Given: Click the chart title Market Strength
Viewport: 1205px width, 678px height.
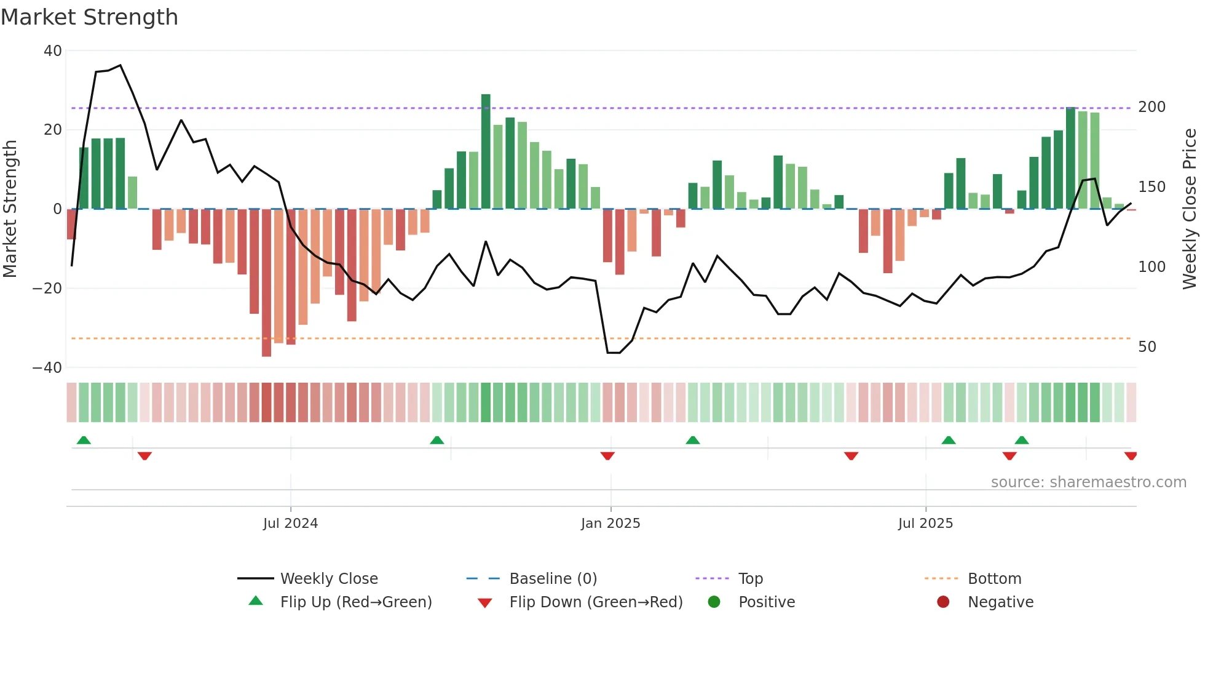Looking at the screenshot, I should coord(89,17).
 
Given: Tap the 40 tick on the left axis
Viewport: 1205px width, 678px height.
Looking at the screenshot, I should coord(53,51).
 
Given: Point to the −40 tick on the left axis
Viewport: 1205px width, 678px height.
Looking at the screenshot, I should coord(47,368).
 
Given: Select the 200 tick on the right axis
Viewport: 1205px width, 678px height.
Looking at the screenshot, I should coord(1152,107).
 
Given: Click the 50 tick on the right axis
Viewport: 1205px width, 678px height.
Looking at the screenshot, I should coord(1147,347).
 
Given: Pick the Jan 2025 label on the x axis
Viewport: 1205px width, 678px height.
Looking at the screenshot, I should coord(610,524).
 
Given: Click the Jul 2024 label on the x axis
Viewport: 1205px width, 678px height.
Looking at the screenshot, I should coord(290,524).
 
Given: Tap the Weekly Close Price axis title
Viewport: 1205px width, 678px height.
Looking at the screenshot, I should coord(1190,209).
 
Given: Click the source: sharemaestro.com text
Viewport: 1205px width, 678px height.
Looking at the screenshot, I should coord(1088,482).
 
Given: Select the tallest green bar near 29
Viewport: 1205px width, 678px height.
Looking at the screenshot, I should coord(486,151).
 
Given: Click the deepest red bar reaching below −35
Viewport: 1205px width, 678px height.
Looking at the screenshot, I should coord(266,283).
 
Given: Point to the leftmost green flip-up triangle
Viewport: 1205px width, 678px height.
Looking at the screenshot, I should coord(84,440).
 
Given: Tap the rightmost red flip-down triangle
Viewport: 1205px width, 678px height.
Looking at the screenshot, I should coord(1131,456).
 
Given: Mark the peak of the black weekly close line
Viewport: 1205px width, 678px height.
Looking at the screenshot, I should coord(120,65).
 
